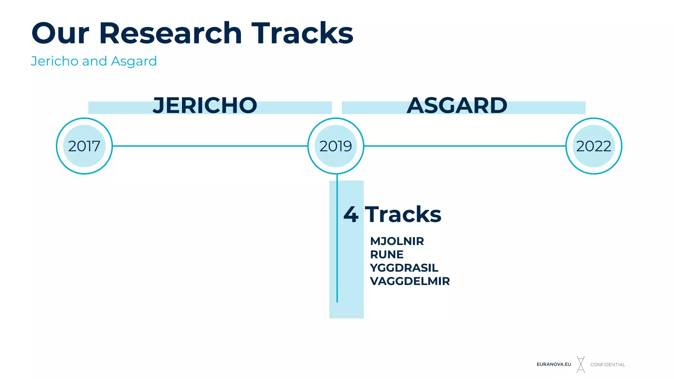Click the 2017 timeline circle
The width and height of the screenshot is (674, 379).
(84, 146)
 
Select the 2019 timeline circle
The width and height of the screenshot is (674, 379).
(336, 146)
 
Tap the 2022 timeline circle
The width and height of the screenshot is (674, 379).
(594, 146)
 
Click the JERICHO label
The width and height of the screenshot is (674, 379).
(205, 106)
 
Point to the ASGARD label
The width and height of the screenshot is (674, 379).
(457, 106)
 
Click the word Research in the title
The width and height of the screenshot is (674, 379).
(170, 33)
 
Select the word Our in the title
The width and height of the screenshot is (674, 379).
(60, 33)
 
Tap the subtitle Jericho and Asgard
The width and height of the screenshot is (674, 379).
(94, 61)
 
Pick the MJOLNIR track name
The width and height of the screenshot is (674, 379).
(397, 241)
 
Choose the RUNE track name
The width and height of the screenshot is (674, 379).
(387, 254)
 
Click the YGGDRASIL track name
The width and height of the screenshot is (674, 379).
(404, 268)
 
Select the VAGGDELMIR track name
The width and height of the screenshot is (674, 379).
(410, 281)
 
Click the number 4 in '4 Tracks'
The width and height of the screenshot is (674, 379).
(351, 215)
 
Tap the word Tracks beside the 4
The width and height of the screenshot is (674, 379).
(403, 215)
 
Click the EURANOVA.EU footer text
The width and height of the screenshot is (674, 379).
(554, 364)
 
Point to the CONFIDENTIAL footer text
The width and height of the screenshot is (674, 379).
(608, 365)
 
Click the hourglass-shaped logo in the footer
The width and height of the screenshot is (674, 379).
(581, 364)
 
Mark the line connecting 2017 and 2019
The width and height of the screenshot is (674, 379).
(210, 146)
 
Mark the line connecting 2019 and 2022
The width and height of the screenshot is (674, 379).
(465, 146)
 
